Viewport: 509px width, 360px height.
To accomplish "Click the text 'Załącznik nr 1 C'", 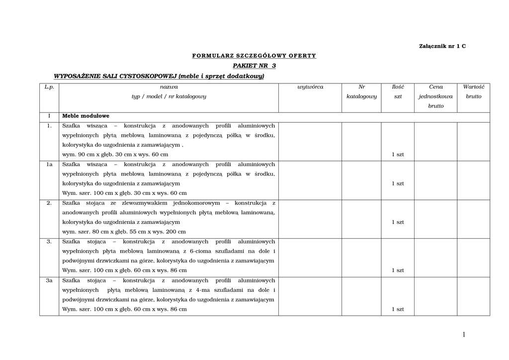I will click(442, 46).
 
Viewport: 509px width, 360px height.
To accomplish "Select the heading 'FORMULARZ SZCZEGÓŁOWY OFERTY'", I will click(254, 56).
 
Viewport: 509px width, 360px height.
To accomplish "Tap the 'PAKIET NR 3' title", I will click(254, 66).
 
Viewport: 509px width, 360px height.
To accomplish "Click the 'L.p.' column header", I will click(49, 87).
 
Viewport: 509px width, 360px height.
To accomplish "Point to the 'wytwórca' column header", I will click(310, 87).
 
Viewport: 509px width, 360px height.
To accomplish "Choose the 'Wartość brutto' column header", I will click(473, 91).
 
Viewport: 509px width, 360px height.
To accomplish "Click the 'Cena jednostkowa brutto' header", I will click(435, 96).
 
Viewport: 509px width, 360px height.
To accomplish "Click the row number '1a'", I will click(49, 164).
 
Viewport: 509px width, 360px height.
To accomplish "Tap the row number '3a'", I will click(49, 280).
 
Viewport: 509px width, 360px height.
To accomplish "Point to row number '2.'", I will click(49, 203).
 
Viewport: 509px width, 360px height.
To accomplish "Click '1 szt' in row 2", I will click(398, 222).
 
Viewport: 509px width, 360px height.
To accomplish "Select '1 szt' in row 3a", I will click(398, 309).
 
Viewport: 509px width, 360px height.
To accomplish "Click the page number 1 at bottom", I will click(464, 335).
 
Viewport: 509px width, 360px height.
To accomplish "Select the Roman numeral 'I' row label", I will click(49, 116).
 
